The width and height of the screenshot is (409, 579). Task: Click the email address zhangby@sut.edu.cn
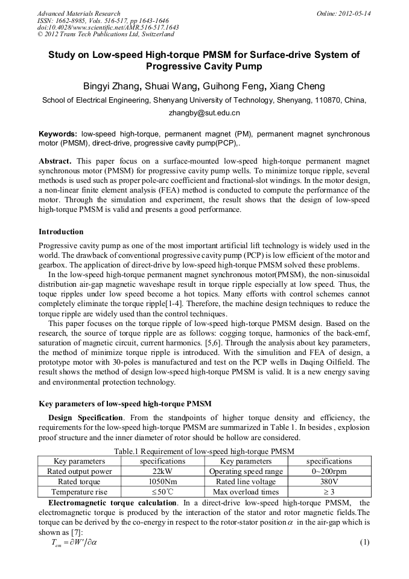204,113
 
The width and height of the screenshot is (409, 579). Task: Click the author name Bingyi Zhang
111,86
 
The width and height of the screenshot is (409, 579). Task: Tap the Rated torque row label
79,482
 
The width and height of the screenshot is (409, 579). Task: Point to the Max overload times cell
246,492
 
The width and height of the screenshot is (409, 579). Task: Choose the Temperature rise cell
79,492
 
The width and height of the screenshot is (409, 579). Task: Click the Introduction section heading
61,232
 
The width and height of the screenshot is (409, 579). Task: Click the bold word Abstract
56,162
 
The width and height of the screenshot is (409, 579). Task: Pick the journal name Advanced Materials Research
78,13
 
